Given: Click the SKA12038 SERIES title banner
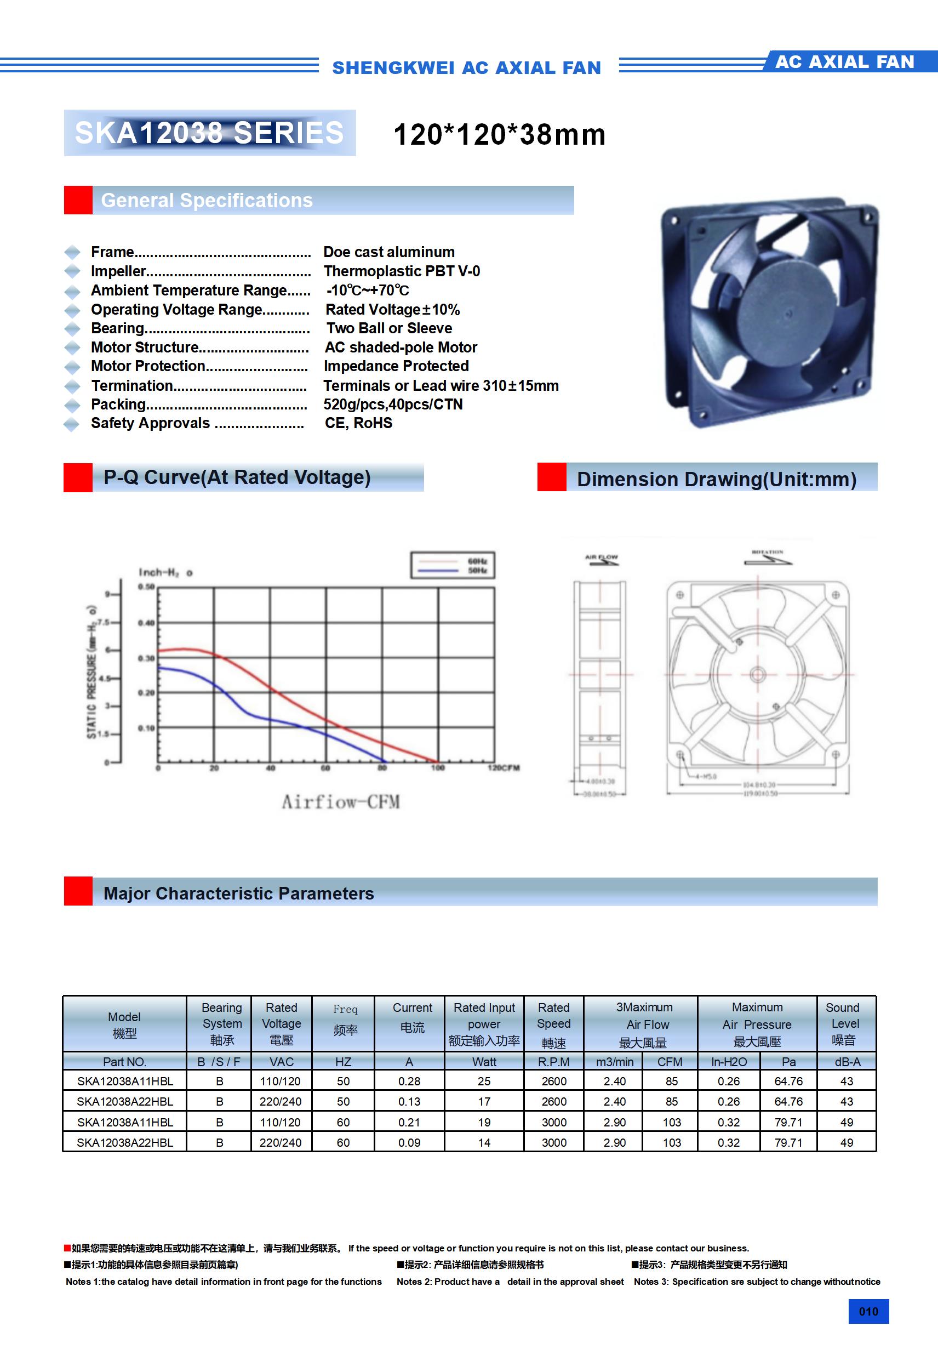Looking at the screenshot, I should pos(209,133).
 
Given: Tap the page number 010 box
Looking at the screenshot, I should pos(868,1311).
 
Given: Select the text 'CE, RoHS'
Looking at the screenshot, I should pos(358,423).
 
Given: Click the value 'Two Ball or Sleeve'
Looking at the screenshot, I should pos(389,328).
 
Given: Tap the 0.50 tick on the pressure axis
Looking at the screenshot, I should pos(146,587).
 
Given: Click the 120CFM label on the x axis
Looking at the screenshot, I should pos(504,768).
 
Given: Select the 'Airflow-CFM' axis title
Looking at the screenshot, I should pos(341,802).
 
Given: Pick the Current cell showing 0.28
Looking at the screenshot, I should pos(409,1081).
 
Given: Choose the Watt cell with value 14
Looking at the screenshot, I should pos(484,1143).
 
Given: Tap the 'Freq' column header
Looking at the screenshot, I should pos(345,1009).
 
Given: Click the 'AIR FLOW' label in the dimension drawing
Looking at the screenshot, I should pos(602,557).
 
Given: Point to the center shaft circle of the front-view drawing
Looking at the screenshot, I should pos(758,674).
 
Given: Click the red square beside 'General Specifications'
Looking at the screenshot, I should pos(78,201).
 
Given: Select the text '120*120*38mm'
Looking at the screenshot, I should pos(499,134).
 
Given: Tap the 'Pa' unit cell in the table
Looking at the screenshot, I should pos(788,1062).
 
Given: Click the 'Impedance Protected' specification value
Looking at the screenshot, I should pos(396,366).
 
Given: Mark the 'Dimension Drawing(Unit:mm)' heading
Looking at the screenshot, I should pos(717,479).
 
